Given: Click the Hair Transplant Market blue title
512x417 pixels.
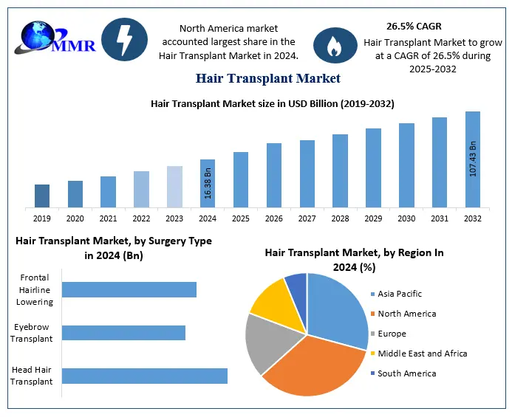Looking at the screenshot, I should [267, 77].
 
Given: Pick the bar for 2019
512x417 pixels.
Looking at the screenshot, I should [42, 196].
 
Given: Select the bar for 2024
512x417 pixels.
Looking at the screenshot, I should [208, 183].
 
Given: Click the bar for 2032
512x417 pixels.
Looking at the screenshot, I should [473, 159].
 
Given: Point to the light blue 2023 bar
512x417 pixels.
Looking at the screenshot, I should [174, 186].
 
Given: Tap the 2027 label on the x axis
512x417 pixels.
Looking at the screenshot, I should [307, 218].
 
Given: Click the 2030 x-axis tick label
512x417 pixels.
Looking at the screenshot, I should [406, 218].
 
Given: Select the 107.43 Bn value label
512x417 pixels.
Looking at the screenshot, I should [473, 157].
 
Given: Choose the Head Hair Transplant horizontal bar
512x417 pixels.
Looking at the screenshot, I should [144, 376].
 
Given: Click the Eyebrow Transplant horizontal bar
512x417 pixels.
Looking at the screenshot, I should [123, 333].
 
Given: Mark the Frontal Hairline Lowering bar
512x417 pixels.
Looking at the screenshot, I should [129, 289].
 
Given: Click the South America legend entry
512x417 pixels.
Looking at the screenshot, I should [406, 373].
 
